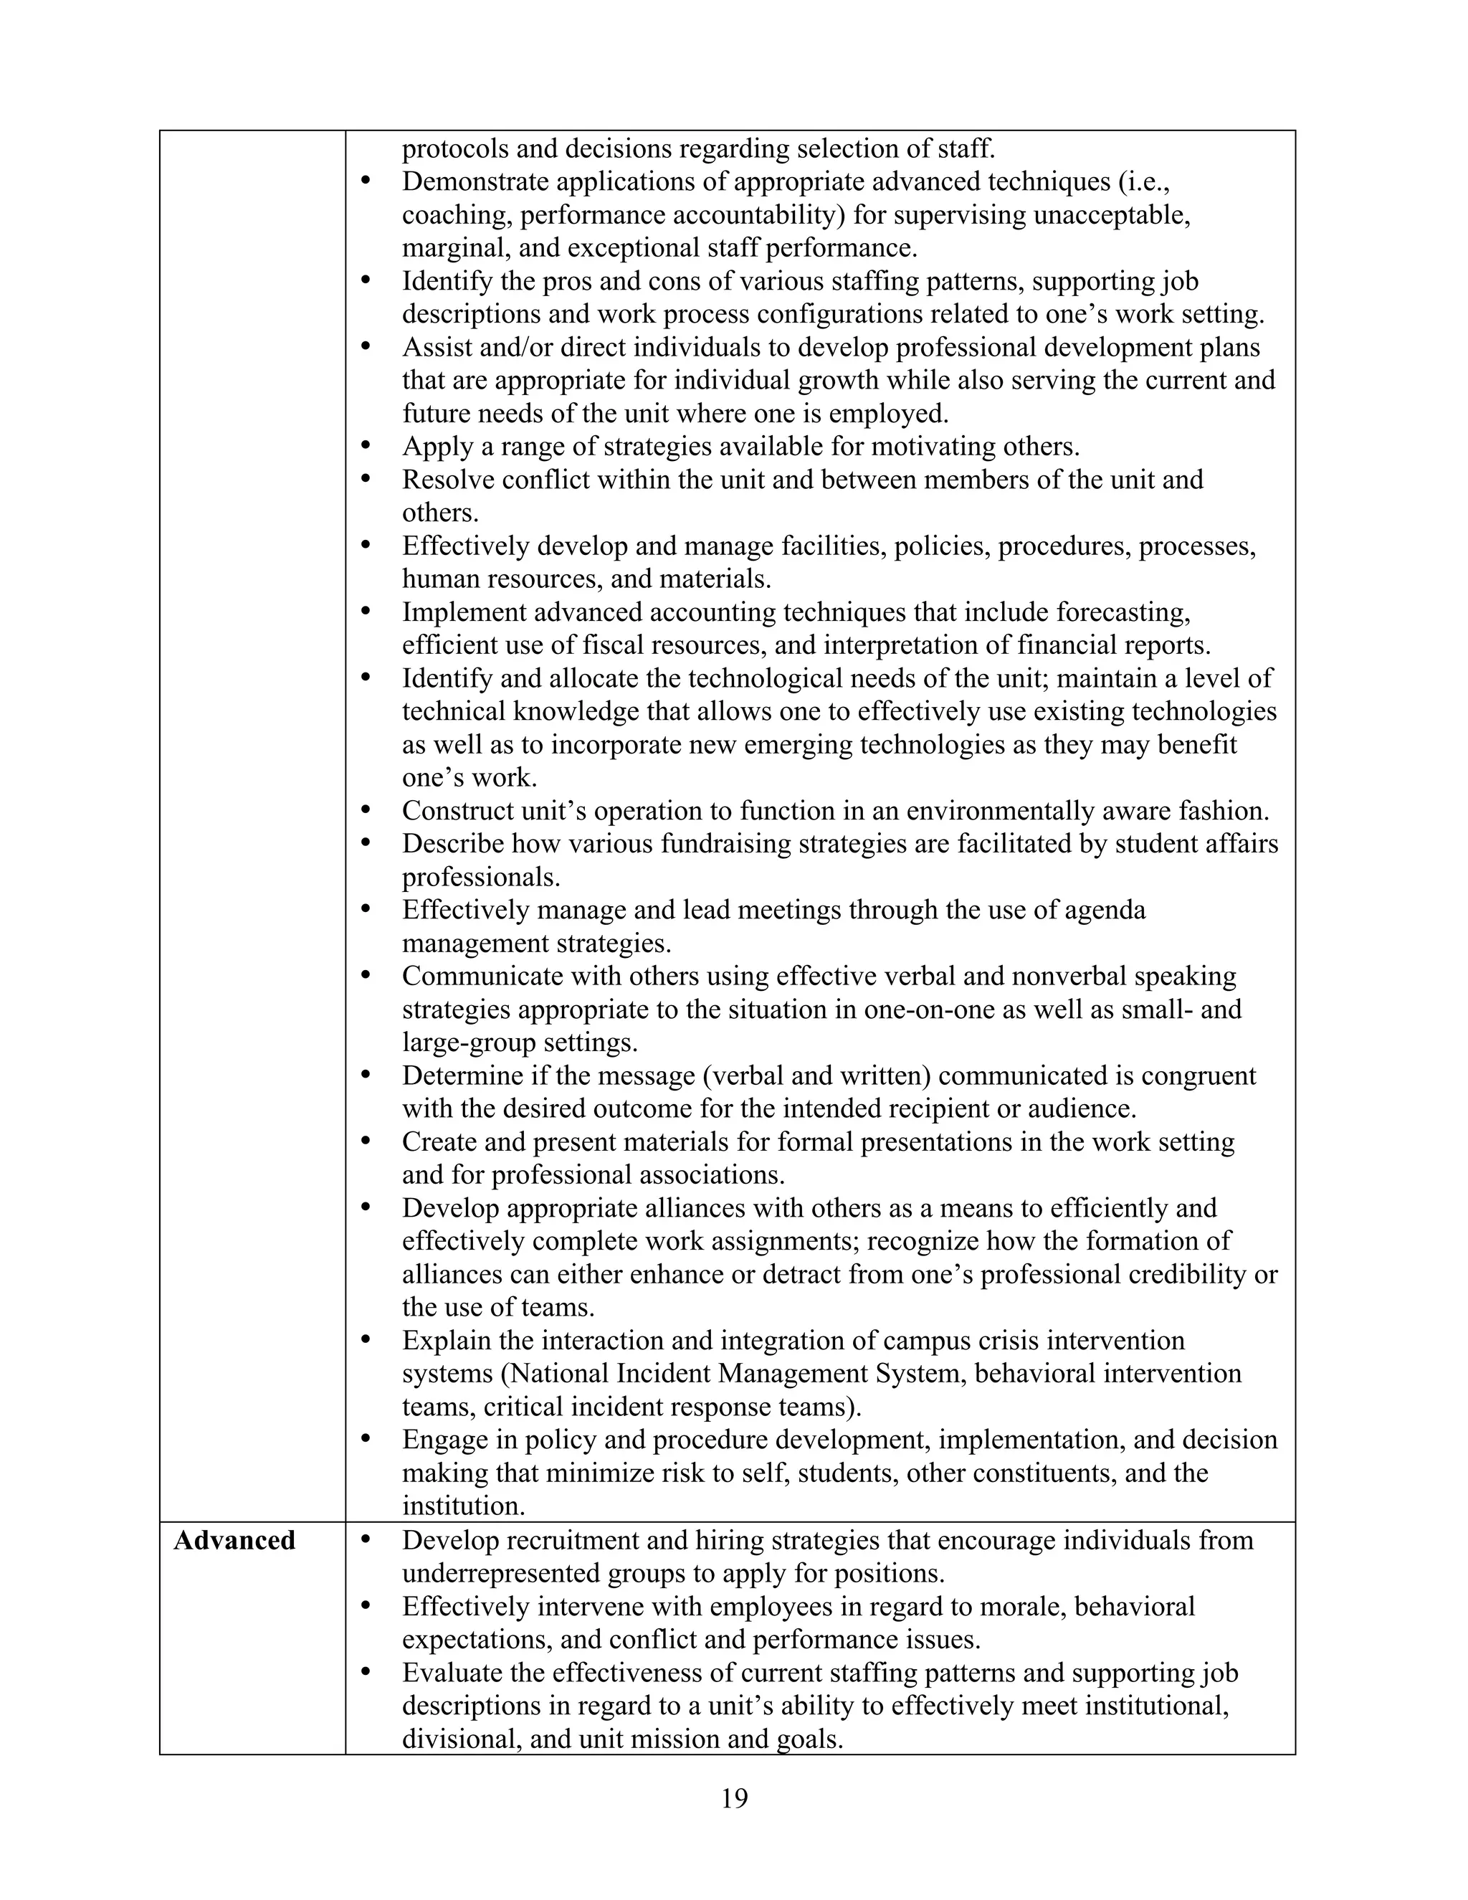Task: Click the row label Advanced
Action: coord(234,1541)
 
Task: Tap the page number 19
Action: coord(734,1797)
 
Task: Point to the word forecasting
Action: coord(1123,612)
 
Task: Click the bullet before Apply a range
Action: coord(366,446)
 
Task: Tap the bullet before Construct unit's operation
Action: coord(366,811)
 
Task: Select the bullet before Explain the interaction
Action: coord(366,1341)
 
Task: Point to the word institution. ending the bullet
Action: coord(464,1506)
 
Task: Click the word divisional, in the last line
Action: coord(454,1739)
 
